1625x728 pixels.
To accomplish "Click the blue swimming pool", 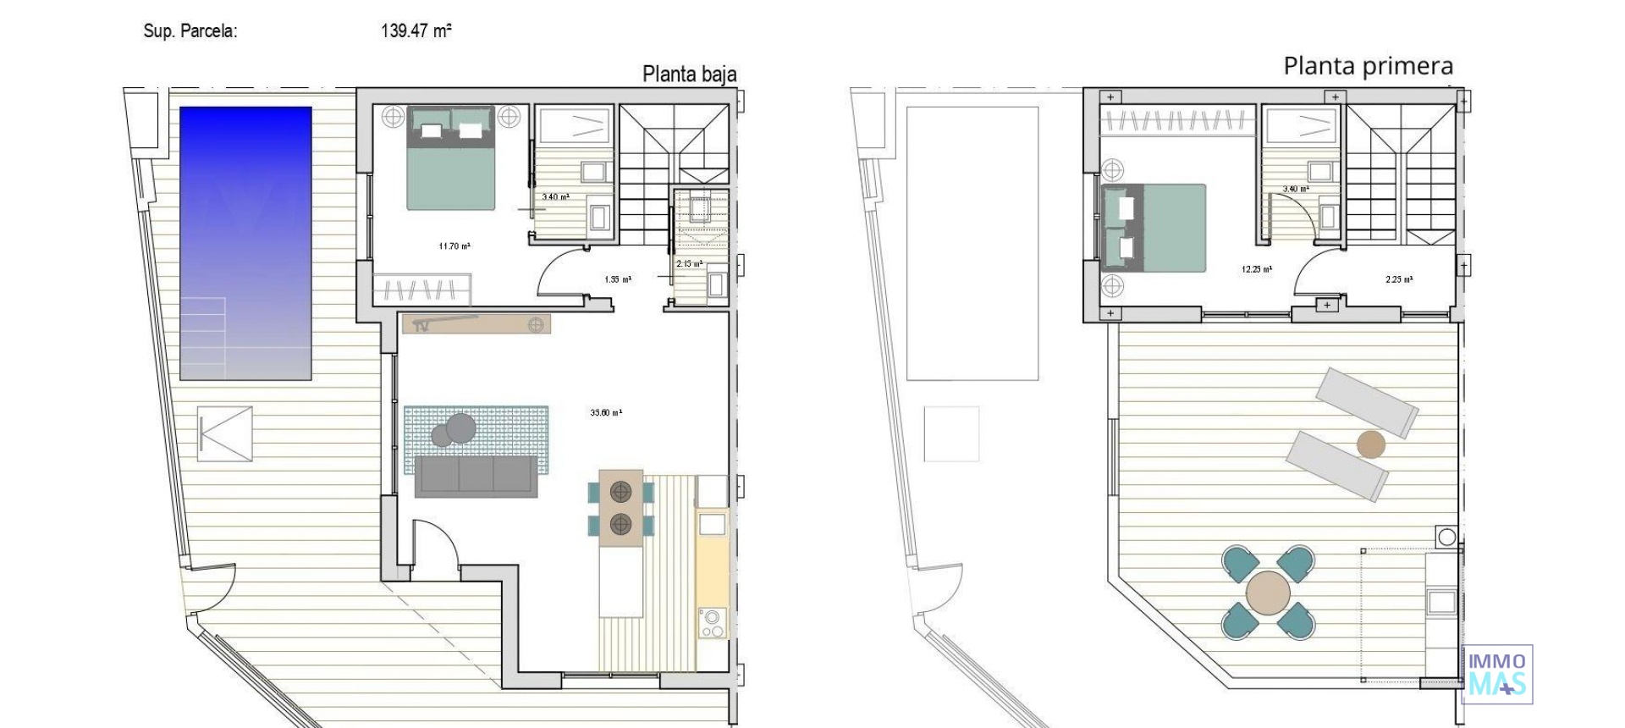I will (245, 243).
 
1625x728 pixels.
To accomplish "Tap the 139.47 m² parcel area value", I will (416, 31).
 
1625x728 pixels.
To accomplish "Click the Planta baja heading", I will (689, 74).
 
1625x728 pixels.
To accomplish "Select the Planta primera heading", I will (1368, 66).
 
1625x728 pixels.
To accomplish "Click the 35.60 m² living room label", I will (606, 413).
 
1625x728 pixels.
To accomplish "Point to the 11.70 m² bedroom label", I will (454, 246).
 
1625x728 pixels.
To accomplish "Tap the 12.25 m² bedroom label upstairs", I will (1257, 269).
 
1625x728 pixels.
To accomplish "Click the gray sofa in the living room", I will (476, 477).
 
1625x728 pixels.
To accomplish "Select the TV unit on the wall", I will (476, 324).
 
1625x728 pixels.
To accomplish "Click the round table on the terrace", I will (1268, 592).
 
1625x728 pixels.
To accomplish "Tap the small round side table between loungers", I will (1370, 444).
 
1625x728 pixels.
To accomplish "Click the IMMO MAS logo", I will (1497, 675).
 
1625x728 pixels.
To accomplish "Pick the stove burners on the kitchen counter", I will (712, 624).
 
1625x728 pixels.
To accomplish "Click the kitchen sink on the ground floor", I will (712, 525).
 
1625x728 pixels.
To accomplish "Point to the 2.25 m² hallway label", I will (1399, 279).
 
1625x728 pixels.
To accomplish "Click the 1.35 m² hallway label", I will (617, 279).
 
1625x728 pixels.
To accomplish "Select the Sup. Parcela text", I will (190, 32).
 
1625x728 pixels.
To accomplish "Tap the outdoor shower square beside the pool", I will (224, 434).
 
